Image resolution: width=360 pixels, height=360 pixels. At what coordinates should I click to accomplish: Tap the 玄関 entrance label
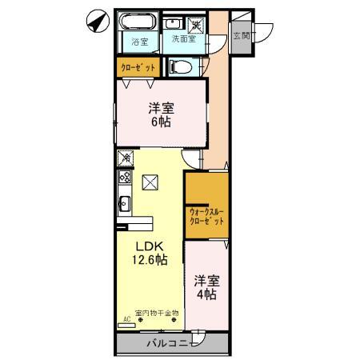pos(241,35)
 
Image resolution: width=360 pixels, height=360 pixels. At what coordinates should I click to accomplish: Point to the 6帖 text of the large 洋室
pos(162,122)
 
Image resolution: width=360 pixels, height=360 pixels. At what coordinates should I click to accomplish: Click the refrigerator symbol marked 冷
pos(125,158)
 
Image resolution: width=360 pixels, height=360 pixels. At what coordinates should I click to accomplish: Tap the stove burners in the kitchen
pos(125,178)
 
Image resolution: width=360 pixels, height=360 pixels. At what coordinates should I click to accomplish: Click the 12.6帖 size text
pos(150,260)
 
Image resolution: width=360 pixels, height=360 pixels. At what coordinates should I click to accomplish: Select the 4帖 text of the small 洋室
pos(206,294)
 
